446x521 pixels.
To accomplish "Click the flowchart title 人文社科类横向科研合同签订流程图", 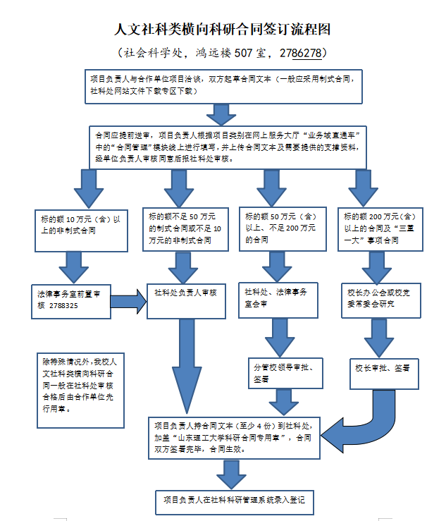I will tap(223, 30).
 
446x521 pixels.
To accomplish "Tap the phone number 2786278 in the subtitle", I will tap(302, 53).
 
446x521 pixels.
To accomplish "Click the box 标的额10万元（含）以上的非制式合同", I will tap(80, 225).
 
